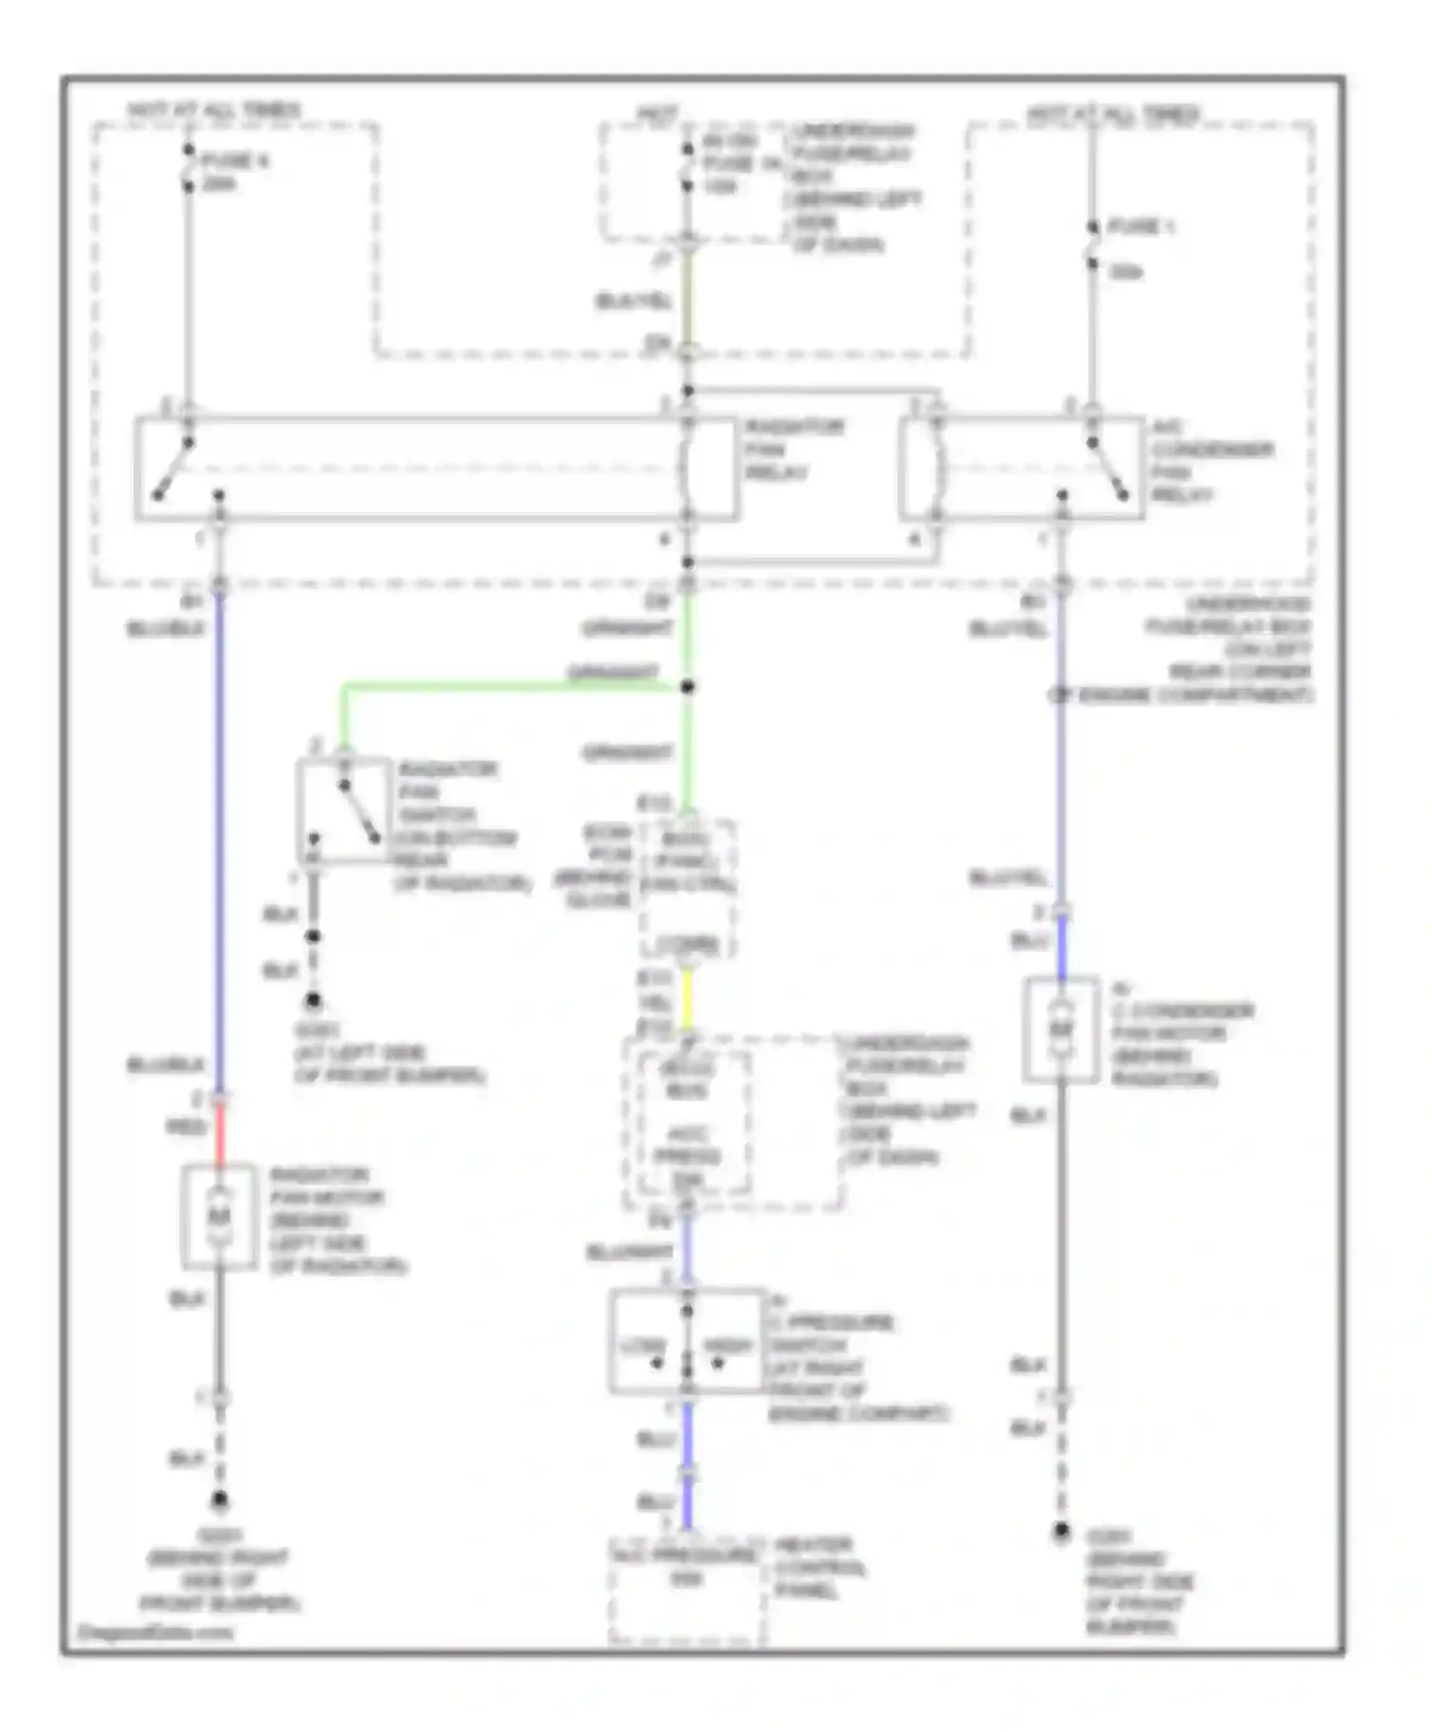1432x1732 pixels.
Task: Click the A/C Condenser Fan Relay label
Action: [x=1211, y=461]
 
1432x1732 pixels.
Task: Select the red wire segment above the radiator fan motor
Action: [x=221, y=1134]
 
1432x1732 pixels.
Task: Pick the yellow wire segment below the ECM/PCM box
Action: [x=686, y=998]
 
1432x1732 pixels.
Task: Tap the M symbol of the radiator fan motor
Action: [x=220, y=1216]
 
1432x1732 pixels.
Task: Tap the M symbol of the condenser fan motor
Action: [x=1061, y=1029]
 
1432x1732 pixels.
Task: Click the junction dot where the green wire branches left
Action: [x=687, y=686]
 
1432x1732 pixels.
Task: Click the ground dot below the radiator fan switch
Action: [x=312, y=1002]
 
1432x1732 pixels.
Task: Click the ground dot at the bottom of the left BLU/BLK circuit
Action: [x=220, y=1500]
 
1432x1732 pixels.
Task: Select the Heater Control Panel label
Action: [x=818, y=1568]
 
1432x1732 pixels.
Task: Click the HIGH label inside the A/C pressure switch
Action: [x=727, y=1345]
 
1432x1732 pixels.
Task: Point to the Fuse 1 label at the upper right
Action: [x=1140, y=227]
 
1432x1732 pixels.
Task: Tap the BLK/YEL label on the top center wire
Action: [x=634, y=302]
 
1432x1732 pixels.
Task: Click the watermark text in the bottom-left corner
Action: [x=155, y=1632]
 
